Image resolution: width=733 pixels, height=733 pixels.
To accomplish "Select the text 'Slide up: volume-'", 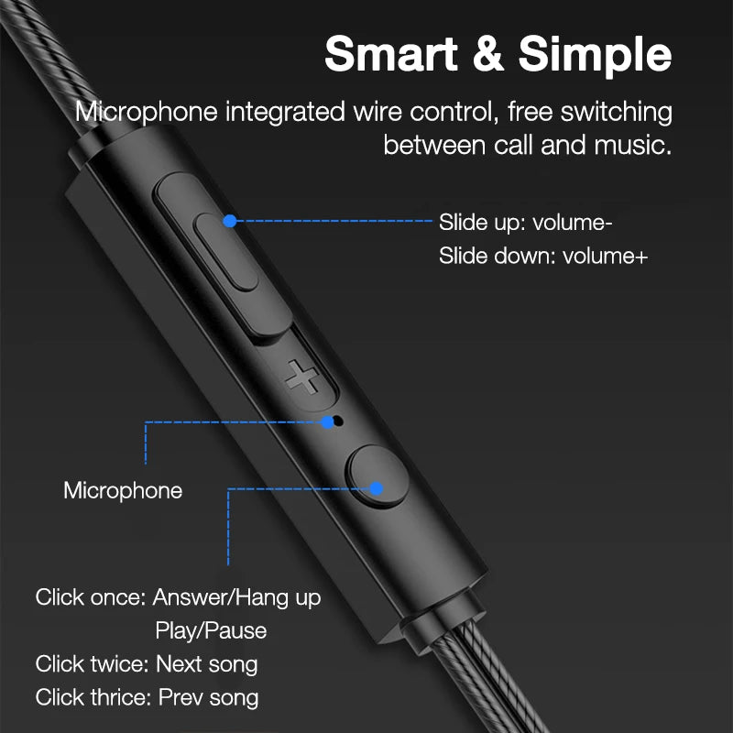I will (x=526, y=223).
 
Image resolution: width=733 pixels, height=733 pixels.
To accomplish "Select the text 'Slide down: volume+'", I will (x=542, y=256).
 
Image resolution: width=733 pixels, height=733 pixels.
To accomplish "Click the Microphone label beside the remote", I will (x=123, y=490).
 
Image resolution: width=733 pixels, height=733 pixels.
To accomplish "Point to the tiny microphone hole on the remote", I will (x=338, y=422).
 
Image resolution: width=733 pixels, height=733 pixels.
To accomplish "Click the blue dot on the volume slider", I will (x=230, y=221).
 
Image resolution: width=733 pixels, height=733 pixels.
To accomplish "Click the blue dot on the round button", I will (x=375, y=488).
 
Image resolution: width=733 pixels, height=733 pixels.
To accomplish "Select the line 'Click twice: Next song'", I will (x=147, y=663).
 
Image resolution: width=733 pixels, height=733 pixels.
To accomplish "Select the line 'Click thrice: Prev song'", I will (x=147, y=696).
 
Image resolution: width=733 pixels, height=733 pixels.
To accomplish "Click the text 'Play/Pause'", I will (x=211, y=630).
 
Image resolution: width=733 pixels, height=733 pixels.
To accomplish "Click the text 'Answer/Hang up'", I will (x=236, y=597).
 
